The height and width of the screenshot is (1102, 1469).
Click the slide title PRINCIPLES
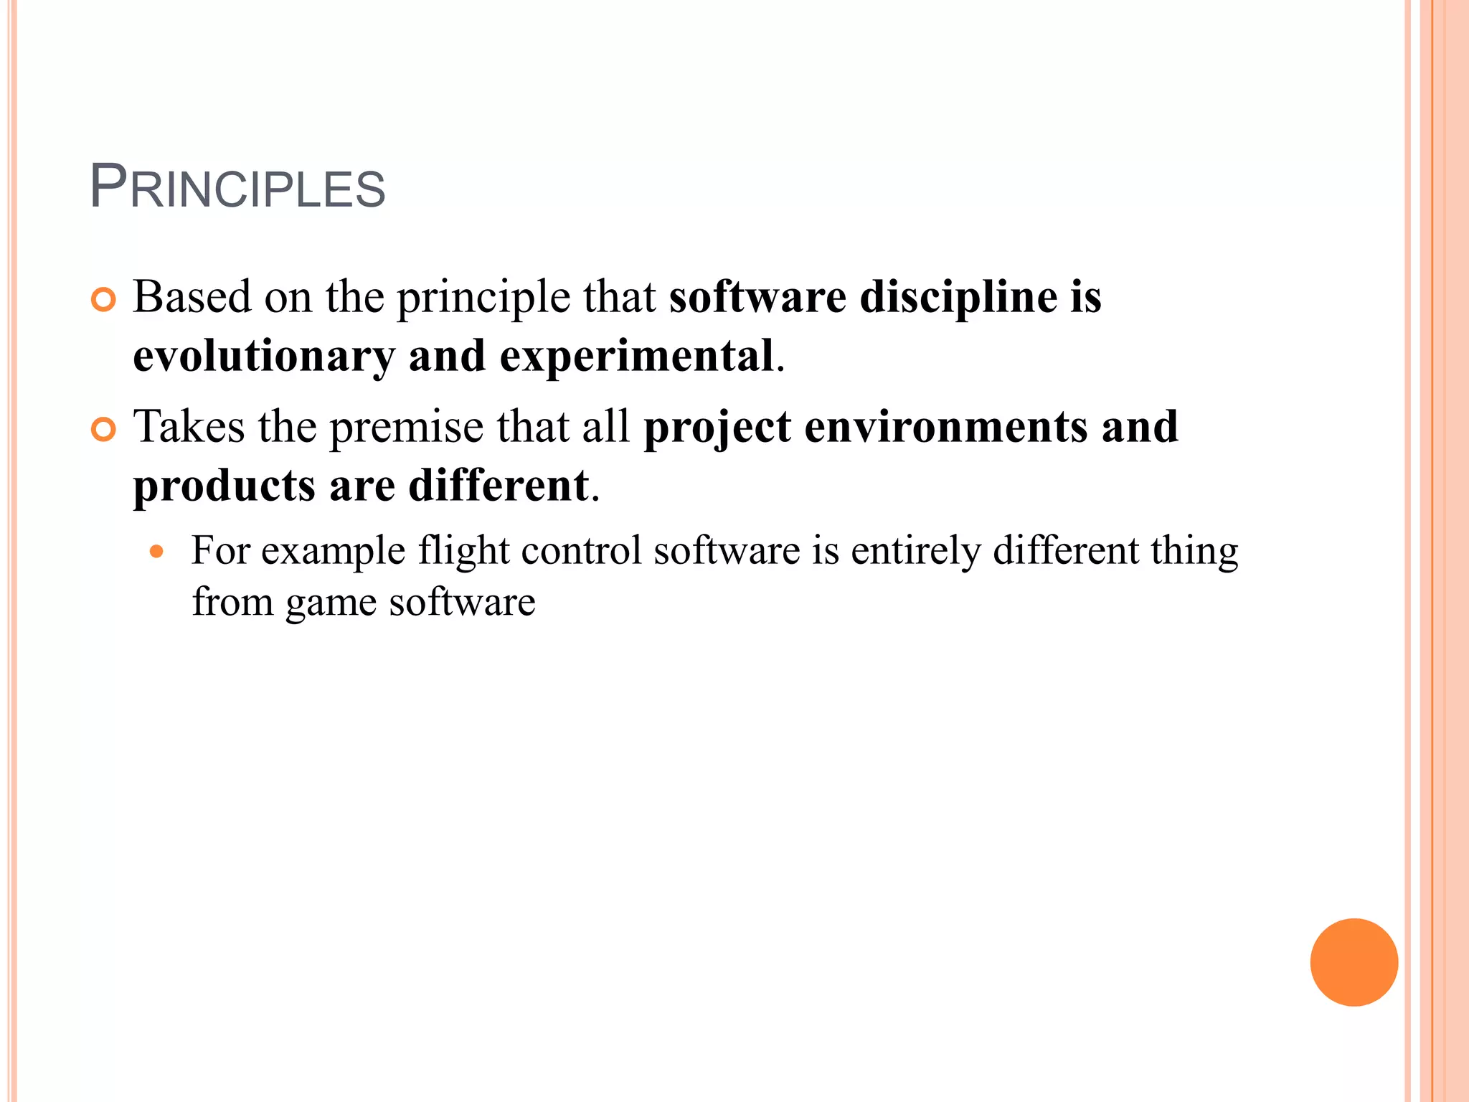(x=237, y=188)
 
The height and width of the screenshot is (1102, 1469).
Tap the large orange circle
(x=1354, y=962)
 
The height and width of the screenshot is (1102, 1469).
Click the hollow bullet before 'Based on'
(x=104, y=300)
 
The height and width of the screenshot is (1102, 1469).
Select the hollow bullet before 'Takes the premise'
(x=104, y=430)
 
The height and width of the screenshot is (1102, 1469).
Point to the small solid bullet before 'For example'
(x=157, y=552)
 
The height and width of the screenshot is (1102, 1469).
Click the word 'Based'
(x=192, y=296)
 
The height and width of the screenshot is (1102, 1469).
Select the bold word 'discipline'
(x=958, y=298)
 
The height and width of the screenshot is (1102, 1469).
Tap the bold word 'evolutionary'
(x=264, y=357)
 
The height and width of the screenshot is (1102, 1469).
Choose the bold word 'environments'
(x=946, y=427)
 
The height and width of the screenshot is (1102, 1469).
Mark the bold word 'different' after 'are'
(x=499, y=486)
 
